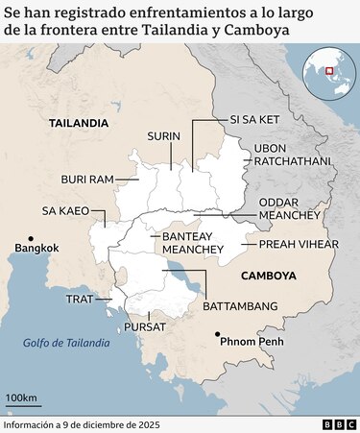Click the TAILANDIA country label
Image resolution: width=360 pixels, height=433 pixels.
[x=79, y=123]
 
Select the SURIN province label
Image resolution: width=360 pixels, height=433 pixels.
[x=163, y=136]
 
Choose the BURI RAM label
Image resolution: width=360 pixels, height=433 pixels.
[x=87, y=179]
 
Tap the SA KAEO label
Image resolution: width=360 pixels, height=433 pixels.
[x=65, y=209]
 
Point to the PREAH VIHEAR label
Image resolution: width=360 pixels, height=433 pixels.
[x=300, y=244]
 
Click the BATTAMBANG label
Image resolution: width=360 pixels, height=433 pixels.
[x=240, y=305]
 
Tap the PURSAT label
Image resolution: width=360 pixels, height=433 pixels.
[x=145, y=326]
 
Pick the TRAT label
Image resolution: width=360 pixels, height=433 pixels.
[x=79, y=299]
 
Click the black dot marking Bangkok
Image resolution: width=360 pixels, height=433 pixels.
[x=32, y=238]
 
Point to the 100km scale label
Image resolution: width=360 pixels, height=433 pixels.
[x=21, y=397]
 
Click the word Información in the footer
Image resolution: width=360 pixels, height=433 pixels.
[x=29, y=423]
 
